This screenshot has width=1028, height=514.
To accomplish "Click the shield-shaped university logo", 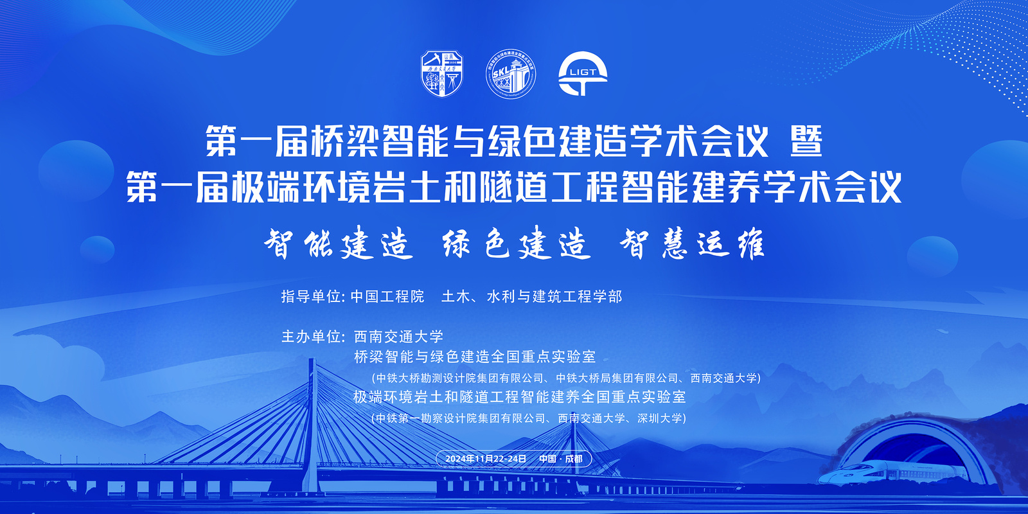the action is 442,73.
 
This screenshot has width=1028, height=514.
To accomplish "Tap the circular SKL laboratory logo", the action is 511,74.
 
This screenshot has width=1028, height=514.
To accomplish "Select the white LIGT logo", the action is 583,73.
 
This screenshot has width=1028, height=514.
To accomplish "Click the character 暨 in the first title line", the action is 806,141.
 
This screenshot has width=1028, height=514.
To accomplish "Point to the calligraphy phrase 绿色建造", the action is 516,243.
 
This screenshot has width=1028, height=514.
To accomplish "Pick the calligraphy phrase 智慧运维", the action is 692,243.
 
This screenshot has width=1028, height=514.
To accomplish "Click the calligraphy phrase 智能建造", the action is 338,243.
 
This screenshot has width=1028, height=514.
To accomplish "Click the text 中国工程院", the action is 387,296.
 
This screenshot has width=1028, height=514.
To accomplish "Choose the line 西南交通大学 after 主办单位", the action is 398,337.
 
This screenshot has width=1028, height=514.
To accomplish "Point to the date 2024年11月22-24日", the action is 486,459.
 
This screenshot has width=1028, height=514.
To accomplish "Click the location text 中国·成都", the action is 560,459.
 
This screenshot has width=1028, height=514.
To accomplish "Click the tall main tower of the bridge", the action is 312,425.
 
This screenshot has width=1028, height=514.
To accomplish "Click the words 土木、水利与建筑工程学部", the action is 531,296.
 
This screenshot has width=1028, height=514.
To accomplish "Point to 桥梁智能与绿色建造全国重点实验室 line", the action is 475,357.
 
